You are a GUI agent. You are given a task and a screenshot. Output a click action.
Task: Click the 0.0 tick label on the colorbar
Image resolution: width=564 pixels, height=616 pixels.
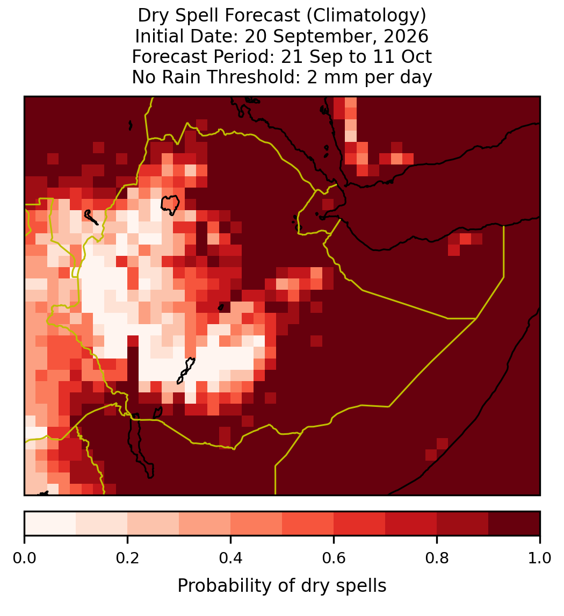pyautogui.click(x=24, y=558)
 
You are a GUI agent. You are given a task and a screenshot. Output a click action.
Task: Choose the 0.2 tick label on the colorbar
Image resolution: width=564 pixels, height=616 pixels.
pyautogui.click(x=127, y=558)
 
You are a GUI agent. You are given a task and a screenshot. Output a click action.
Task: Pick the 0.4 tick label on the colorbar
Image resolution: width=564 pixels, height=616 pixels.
pyautogui.click(x=231, y=558)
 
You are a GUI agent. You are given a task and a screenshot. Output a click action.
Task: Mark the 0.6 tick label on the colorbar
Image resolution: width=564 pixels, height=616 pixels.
pyautogui.click(x=334, y=558)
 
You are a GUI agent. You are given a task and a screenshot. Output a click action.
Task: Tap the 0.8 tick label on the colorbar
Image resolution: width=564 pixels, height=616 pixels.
pyautogui.click(x=437, y=558)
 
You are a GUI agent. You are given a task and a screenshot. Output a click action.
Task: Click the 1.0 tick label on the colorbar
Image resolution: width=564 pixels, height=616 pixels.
pyautogui.click(x=540, y=558)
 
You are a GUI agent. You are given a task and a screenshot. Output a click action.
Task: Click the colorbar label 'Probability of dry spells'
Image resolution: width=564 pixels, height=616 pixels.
pyautogui.click(x=282, y=586)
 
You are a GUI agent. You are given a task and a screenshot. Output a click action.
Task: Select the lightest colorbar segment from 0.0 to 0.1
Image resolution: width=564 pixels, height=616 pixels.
pyautogui.click(x=50, y=524)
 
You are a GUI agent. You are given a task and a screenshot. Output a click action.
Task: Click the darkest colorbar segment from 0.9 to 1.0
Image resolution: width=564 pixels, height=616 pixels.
pyautogui.click(x=514, y=524)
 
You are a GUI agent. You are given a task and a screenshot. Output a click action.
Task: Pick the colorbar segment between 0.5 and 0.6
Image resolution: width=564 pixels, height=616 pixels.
pyautogui.click(x=308, y=524)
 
